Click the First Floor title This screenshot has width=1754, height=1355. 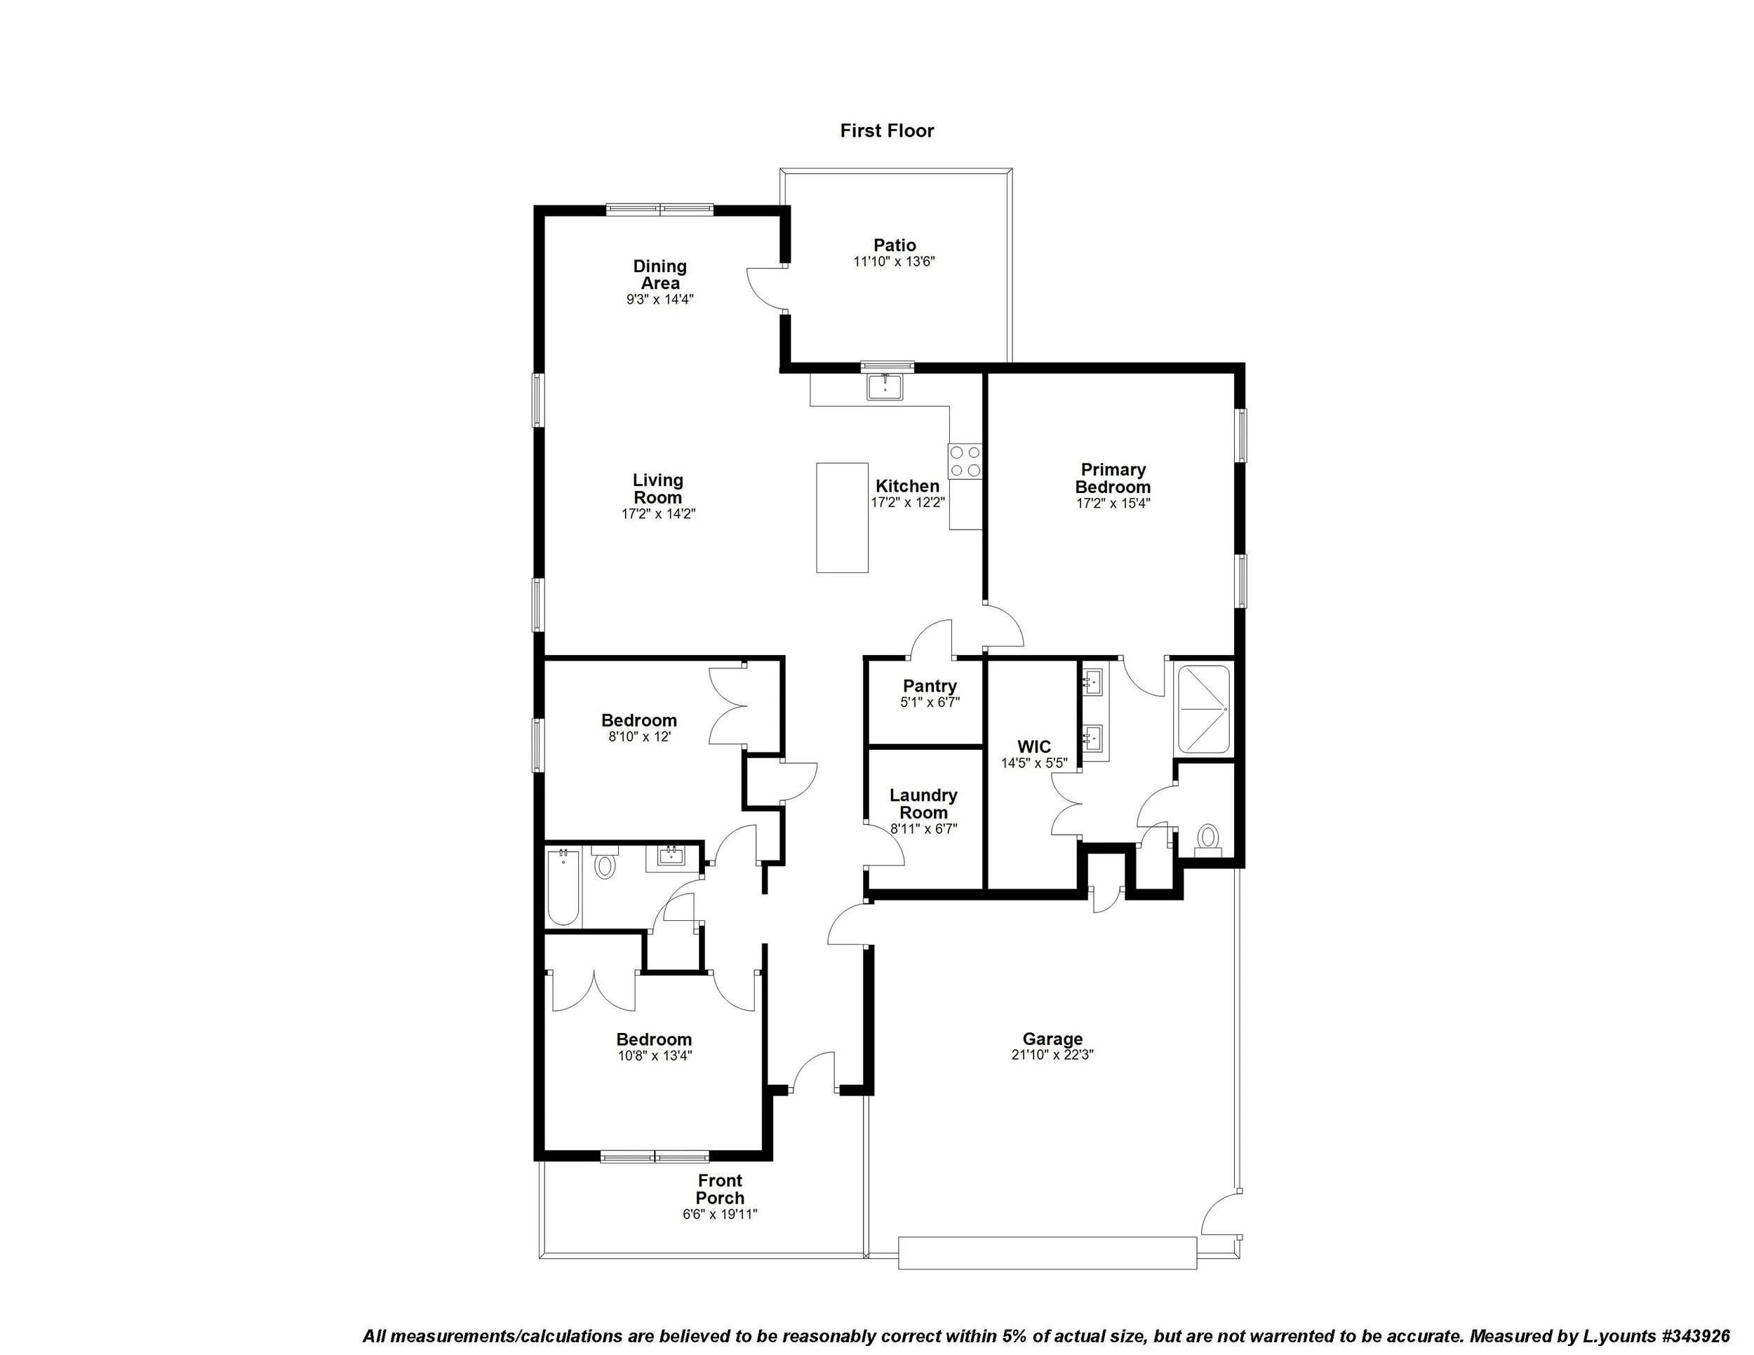[887, 131]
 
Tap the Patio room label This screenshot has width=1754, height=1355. [895, 245]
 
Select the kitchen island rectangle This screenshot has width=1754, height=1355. [842, 518]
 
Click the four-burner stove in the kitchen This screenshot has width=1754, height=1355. [965, 461]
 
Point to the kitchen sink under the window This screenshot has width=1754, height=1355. [885, 388]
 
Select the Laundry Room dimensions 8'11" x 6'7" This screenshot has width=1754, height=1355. [923, 829]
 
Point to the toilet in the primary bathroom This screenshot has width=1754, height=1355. [1207, 839]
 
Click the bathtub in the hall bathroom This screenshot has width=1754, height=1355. [563, 888]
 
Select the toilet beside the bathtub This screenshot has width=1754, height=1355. [605, 865]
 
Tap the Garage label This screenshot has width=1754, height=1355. [1052, 1039]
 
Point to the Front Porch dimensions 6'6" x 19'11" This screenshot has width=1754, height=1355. [720, 1215]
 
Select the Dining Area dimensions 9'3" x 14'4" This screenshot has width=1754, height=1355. [660, 299]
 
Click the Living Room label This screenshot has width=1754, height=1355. [658, 489]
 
